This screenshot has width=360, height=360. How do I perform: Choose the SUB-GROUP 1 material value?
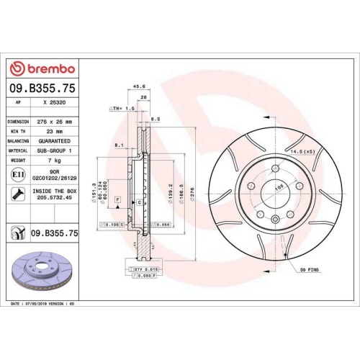tap(55, 150)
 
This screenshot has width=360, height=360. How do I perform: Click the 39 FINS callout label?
tap(308, 269)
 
